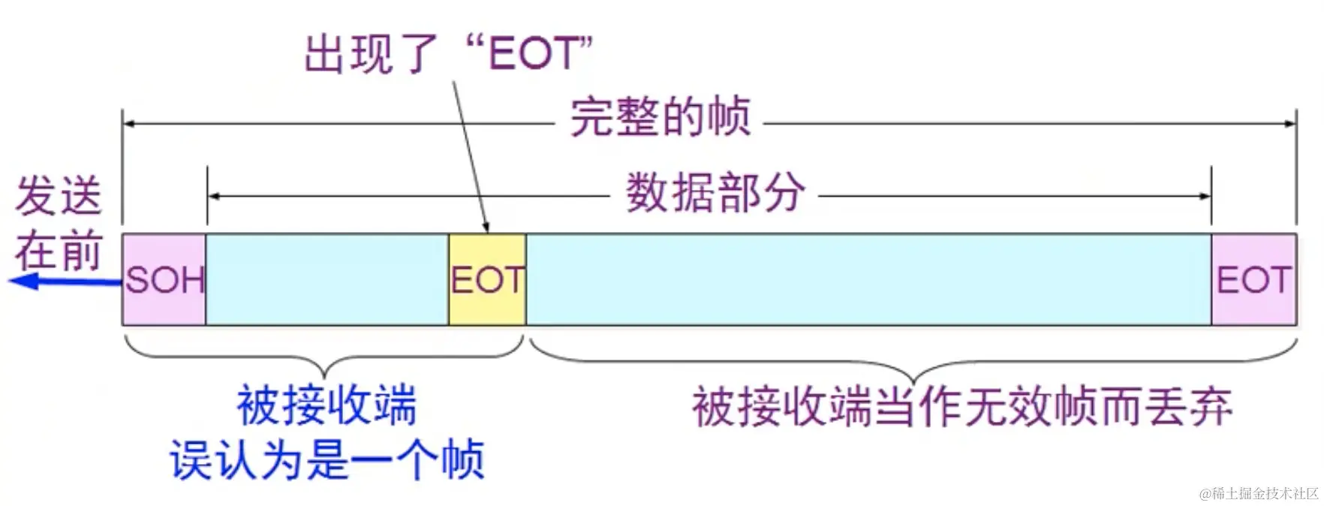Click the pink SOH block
pyautogui.click(x=164, y=279)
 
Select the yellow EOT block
pyautogui.click(x=487, y=279)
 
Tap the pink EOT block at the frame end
pyautogui.click(x=1253, y=279)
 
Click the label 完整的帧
pyautogui.click(x=660, y=117)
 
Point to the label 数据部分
pyautogui.click(x=715, y=193)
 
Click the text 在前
pyautogui.click(x=59, y=251)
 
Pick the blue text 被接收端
pyautogui.click(x=326, y=405)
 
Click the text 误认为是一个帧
pyautogui.click(x=326, y=459)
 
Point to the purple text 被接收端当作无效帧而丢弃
pyautogui.click(x=961, y=408)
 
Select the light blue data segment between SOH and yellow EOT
pyautogui.click(x=327, y=279)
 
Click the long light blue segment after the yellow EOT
pyautogui.click(x=868, y=279)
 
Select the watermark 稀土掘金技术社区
pyautogui.click(x=1259, y=493)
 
